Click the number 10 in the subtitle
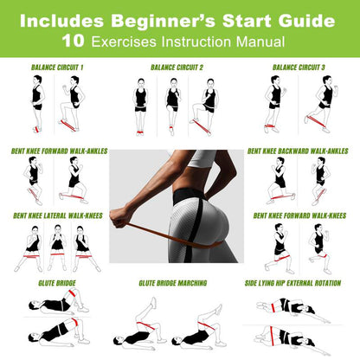coord(74,40)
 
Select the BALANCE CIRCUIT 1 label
coord(56,67)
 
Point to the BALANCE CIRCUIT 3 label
coord(299,67)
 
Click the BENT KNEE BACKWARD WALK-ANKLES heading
coord(303,149)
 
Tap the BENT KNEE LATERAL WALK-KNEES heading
coord(56,215)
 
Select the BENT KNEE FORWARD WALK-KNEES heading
coord(303,215)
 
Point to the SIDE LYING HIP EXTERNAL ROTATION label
coord(299,283)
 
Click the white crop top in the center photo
coord(203,159)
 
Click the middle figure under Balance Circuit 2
coord(173,104)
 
